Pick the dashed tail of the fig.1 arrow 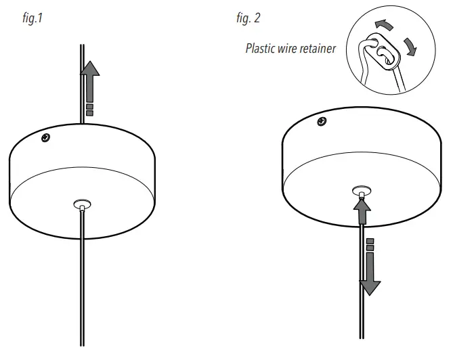click(x=89, y=108)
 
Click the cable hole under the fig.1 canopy click(x=81, y=202)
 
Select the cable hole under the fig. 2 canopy click(x=362, y=191)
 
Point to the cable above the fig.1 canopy click(x=81, y=81)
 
